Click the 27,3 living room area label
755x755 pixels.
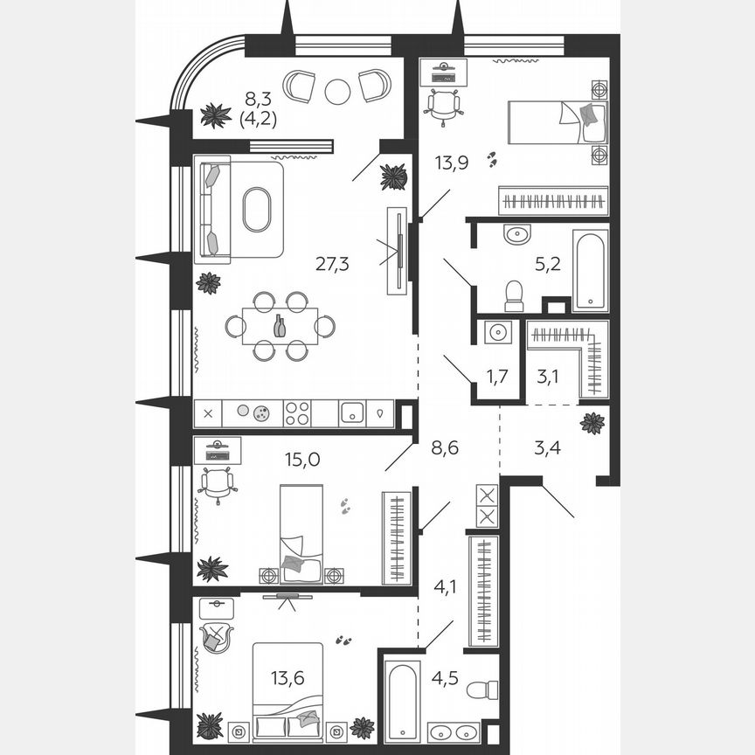[x=332, y=264]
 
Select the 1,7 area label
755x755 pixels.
[x=496, y=377]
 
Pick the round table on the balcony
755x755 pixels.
[x=337, y=90]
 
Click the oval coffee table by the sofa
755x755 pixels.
[x=257, y=210]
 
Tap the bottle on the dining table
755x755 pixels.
[x=280, y=326]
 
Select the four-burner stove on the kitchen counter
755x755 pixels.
[x=297, y=413]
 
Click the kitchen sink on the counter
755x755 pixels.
[x=352, y=413]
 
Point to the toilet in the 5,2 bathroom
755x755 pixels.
[x=514, y=294]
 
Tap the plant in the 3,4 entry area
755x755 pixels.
[x=592, y=423]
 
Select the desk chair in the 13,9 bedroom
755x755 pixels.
[x=443, y=102]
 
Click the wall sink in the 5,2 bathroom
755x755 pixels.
[x=516, y=233]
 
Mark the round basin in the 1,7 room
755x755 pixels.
[x=497, y=333]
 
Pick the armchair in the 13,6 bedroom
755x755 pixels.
[x=214, y=639]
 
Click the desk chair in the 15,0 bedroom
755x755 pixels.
[x=217, y=482]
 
